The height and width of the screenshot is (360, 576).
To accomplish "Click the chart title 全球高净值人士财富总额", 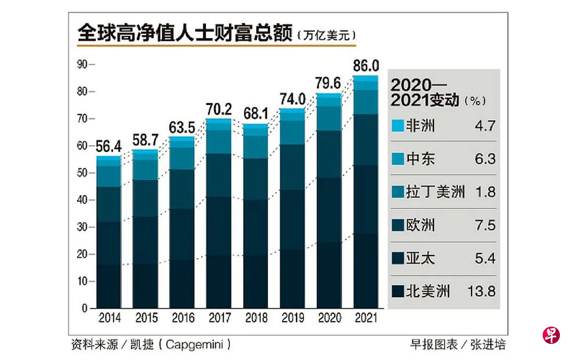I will click(184, 34).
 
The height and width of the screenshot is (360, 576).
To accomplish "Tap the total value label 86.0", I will click(366, 65).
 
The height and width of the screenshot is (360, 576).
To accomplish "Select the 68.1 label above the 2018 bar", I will click(256, 114).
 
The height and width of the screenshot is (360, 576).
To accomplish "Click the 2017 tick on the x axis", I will click(219, 318).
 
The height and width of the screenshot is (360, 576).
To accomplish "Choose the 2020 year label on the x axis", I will click(329, 318).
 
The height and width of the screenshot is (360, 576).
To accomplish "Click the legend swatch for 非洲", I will click(398, 125).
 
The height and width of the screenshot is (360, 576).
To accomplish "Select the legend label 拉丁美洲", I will click(435, 192).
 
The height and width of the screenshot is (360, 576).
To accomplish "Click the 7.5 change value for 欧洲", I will click(484, 226).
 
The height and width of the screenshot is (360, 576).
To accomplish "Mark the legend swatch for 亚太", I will click(398, 259).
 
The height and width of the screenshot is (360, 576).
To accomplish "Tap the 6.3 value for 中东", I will click(484, 159).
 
